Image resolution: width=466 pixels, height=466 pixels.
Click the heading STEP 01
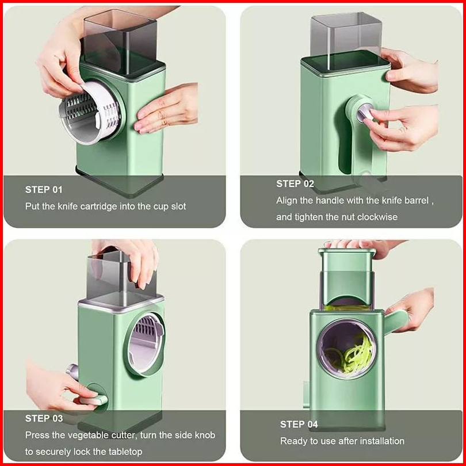tap(44, 190)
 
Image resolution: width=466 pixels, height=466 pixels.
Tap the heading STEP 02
tap(295, 184)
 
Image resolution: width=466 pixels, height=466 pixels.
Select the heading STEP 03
tap(44, 418)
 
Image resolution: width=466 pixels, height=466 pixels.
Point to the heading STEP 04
tap(299, 424)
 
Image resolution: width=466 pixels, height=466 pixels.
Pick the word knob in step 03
tap(205, 435)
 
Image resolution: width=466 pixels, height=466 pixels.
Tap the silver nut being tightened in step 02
tap(364, 112)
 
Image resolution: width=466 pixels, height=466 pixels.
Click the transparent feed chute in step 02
tap(346, 38)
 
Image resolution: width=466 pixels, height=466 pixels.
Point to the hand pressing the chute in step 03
tap(131, 262)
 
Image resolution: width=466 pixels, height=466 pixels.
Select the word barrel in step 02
tap(417, 201)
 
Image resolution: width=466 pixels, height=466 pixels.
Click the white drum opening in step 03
tap(146, 343)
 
